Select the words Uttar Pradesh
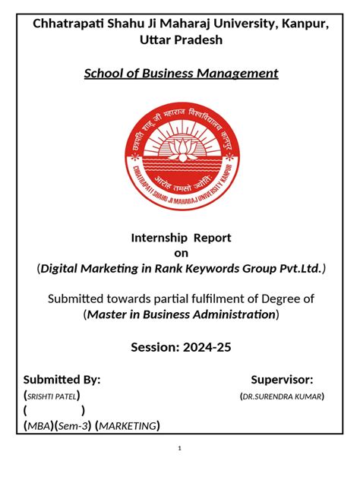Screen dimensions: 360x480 pos(180,39)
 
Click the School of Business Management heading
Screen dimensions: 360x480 pos(181,73)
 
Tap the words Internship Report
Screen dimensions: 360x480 pos(182,238)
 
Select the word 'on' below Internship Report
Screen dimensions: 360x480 pos(181,253)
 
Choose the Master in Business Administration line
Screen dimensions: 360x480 pos(181,314)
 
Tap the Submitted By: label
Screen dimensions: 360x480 pos(62,380)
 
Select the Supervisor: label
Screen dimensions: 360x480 pos(283,380)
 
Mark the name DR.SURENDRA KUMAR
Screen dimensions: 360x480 pos(282,396)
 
